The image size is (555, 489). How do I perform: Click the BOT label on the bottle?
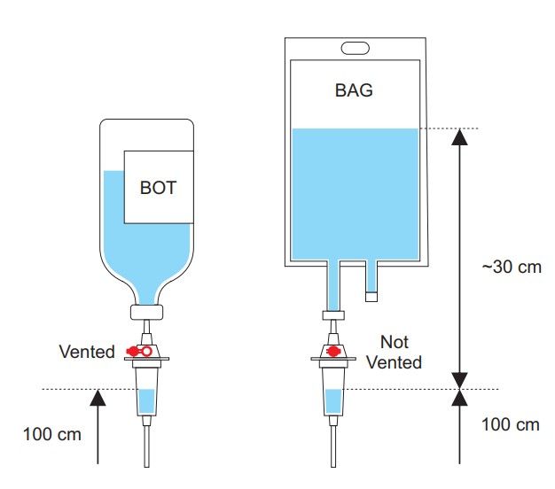coord(158,188)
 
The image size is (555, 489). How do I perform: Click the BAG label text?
coord(354,90)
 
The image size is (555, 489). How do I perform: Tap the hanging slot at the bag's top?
coord(355,48)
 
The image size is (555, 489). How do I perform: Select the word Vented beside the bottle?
coord(87,352)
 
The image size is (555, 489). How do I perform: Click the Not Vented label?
coord(394,353)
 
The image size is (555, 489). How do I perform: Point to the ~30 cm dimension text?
coord(512,267)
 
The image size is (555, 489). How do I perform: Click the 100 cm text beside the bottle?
coord(52,434)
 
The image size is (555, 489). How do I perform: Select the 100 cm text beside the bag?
coord(511,424)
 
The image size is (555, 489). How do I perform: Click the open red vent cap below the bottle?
coord(139,352)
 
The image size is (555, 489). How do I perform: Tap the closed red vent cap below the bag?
coord(333,351)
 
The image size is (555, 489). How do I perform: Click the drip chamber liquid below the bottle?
coord(146,401)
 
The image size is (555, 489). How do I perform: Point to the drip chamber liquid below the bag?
coord(333,401)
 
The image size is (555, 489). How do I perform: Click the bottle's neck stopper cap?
coord(146,312)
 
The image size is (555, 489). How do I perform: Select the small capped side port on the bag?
coord(371,296)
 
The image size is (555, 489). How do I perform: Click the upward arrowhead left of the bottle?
coord(98,398)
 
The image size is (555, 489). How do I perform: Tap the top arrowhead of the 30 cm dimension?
coord(459,136)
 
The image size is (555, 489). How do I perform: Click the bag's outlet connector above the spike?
coord(333,315)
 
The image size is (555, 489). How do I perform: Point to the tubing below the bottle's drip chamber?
coord(146,446)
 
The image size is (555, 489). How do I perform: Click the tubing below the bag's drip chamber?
coord(333,446)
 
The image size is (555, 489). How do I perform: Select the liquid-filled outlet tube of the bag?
coord(333,285)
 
